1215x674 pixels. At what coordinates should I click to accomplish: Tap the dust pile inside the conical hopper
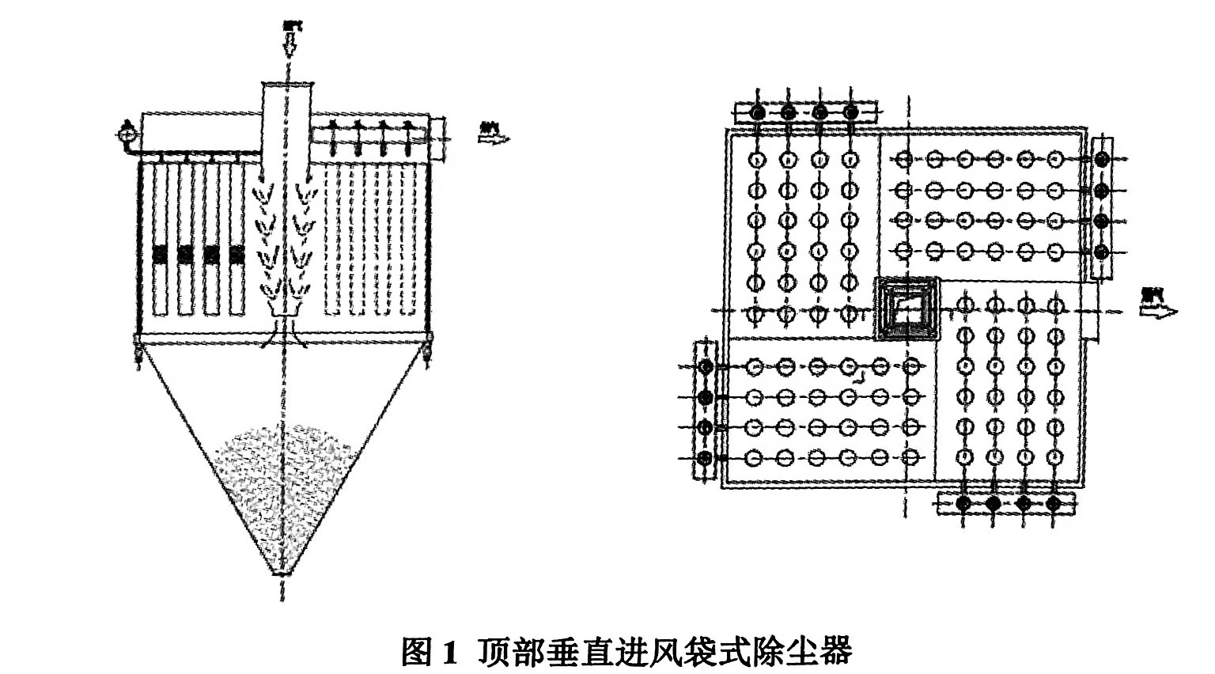click(x=282, y=483)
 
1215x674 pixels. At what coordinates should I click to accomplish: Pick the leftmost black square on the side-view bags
click(x=161, y=254)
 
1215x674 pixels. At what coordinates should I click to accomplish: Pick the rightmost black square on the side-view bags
click(x=237, y=254)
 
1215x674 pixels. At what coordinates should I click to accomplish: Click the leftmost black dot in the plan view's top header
click(x=757, y=113)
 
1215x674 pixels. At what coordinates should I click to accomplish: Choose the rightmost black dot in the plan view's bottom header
click(x=1053, y=503)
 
